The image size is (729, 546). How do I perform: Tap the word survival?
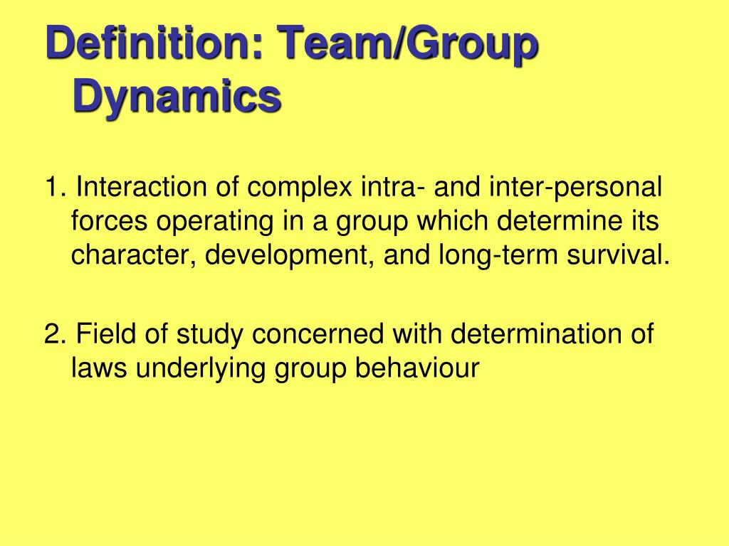coord(619,255)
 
